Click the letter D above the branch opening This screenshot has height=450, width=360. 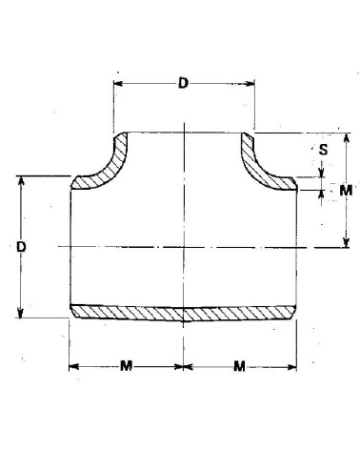(x=183, y=83)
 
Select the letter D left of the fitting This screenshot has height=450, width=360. (x=21, y=247)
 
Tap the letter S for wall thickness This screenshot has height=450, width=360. (x=322, y=150)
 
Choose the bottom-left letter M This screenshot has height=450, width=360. (x=127, y=366)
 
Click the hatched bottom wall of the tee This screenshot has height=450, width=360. (x=181, y=314)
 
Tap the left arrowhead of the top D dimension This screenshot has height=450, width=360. (x=117, y=83)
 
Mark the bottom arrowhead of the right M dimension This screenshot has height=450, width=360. (x=346, y=244)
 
